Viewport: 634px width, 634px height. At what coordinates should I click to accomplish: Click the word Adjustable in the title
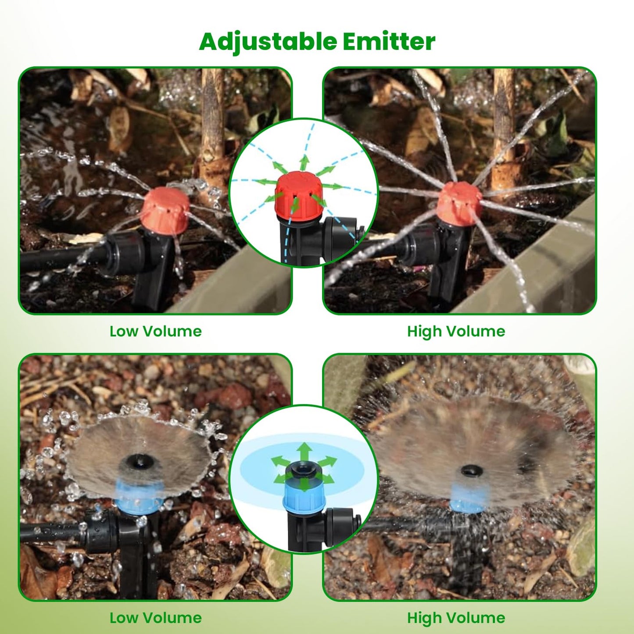tap(268, 42)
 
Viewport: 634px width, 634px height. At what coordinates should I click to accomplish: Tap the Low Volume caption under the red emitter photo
tap(156, 331)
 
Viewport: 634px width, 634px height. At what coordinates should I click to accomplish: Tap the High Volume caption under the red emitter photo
tap(456, 332)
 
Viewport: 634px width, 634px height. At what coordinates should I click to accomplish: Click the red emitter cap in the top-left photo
tap(166, 211)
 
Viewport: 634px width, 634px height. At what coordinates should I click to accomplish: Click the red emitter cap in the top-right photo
tap(459, 204)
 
